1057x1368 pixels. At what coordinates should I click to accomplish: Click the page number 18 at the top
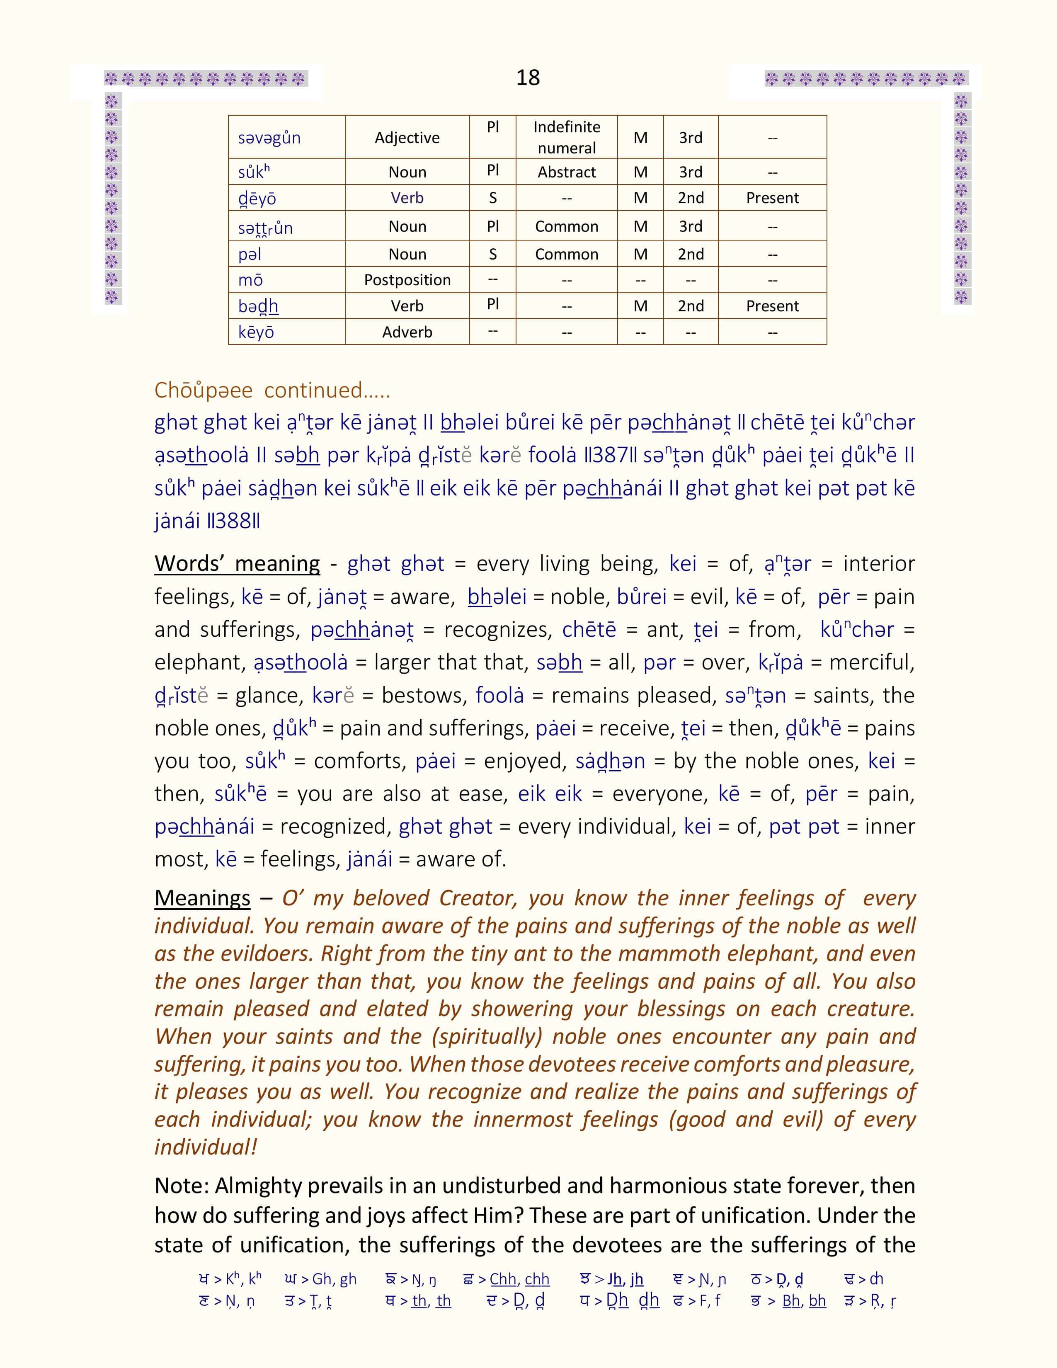[x=528, y=78]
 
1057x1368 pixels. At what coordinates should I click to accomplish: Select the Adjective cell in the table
[x=407, y=138]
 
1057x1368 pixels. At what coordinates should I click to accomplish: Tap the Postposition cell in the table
[x=407, y=280]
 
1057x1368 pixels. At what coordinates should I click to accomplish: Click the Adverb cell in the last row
[x=407, y=332]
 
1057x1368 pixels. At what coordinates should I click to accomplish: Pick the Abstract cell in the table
[x=567, y=172]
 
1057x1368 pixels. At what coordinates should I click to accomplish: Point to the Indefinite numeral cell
[x=567, y=137]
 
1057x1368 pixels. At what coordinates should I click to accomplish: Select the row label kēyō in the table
[x=256, y=332]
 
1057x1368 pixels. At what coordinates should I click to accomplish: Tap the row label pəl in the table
[x=250, y=254]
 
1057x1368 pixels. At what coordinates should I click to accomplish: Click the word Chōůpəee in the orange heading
[x=204, y=390]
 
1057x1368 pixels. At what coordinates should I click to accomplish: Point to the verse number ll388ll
[x=233, y=521]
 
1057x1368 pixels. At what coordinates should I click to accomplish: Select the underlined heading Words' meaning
[x=238, y=564]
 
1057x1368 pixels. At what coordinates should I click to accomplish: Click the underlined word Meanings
[x=202, y=898]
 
